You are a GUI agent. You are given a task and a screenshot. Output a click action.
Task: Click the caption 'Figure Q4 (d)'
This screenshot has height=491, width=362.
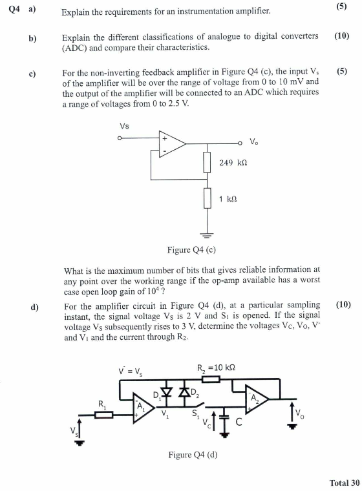tap(193, 454)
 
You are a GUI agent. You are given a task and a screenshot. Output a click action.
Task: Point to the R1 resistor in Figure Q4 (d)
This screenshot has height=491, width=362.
tap(103, 414)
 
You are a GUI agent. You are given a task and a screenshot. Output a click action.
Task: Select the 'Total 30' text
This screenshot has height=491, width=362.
tap(344, 482)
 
